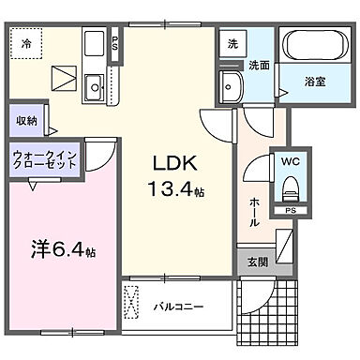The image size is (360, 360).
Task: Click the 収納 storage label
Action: pos(25,120)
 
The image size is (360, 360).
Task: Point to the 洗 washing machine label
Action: pos(232,43)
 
